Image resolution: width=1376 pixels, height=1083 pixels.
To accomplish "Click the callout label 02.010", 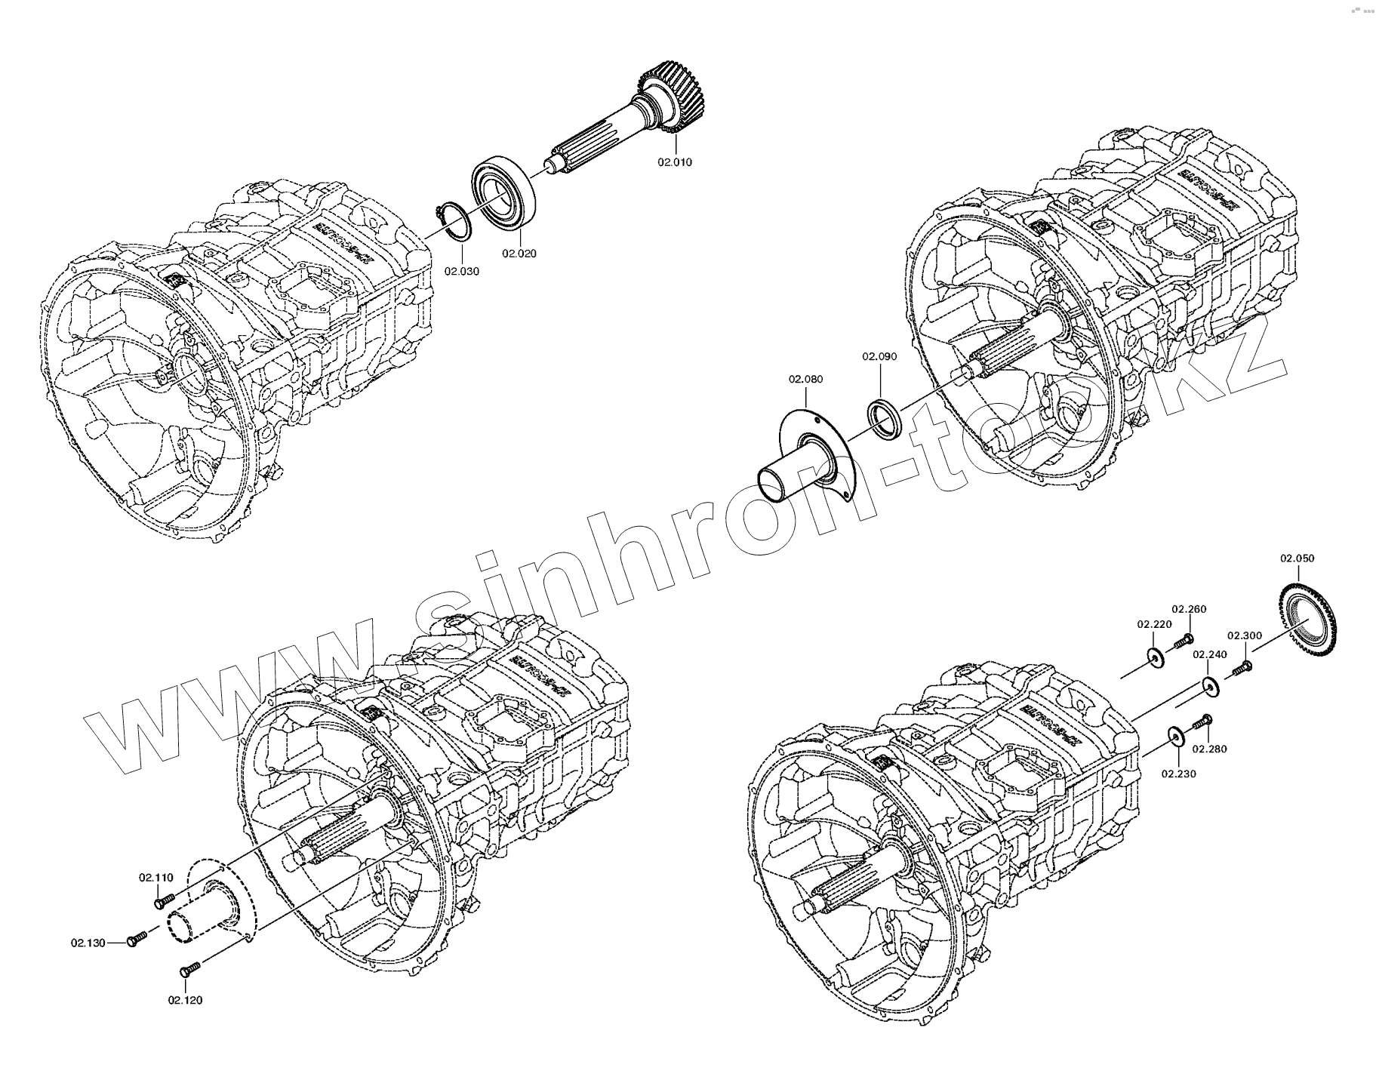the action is point(674,162).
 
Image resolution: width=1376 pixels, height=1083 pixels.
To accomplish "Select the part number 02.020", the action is point(519,254).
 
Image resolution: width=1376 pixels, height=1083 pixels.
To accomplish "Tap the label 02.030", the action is point(462,271).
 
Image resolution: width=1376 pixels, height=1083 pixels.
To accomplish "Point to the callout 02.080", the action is point(806,379).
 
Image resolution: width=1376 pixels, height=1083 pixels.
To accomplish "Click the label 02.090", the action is point(880,356).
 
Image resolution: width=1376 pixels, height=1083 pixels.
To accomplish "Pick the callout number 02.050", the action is point(1297,558).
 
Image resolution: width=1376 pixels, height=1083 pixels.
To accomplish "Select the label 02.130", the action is point(89,942).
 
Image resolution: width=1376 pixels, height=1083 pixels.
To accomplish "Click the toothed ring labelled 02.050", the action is point(1314,619).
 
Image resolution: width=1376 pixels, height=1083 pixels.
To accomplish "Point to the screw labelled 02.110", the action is point(164,900).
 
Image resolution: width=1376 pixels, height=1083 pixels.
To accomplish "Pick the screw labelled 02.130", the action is point(138,939).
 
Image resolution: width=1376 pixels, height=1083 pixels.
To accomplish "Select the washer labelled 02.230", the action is point(1175,736).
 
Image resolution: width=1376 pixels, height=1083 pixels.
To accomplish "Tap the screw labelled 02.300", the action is point(1242,667).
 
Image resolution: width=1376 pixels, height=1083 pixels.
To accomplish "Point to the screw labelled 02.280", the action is point(1203,721).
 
